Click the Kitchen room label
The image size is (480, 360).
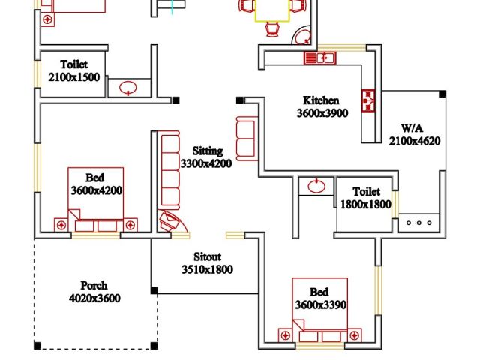tap(321, 100)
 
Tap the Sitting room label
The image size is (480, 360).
tap(207, 151)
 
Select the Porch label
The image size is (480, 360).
tap(94, 285)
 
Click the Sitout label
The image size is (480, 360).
tap(207, 256)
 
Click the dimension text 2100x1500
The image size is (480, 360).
tap(74, 77)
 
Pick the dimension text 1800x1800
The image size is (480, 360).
tap(366, 204)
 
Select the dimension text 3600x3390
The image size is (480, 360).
tap(319, 304)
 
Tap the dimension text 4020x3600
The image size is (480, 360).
tap(94, 298)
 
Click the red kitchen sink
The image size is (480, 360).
tap(319, 58)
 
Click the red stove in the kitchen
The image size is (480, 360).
tap(369, 100)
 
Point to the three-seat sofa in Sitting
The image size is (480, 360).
tap(170, 170)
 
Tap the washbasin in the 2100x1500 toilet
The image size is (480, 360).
tap(129, 87)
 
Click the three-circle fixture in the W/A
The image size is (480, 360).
tap(419, 223)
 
